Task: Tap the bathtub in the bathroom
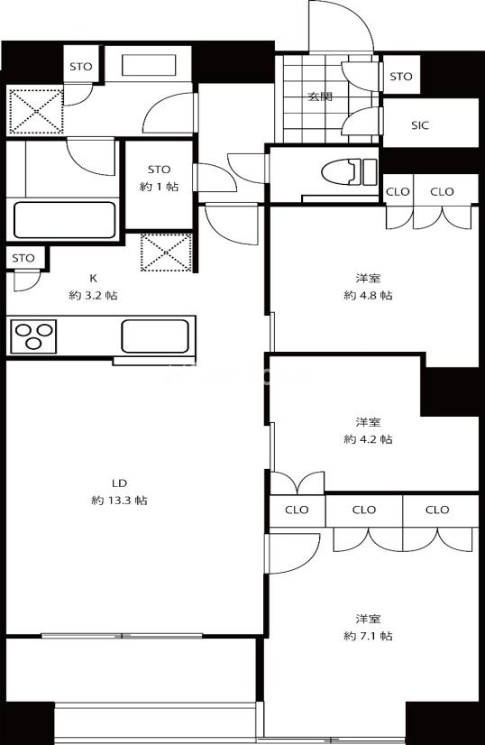click(x=65, y=220)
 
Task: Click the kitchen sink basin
click(x=155, y=336)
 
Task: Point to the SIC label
click(x=420, y=125)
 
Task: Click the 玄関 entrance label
click(x=320, y=97)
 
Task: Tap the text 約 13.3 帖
click(x=119, y=501)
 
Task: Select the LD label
click(x=119, y=483)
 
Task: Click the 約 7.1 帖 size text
click(x=368, y=636)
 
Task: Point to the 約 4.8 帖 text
click(x=368, y=295)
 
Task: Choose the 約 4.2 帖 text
click(x=368, y=439)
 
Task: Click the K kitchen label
click(x=93, y=278)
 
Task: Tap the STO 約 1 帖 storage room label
click(x=160, y=178)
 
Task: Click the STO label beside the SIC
click(x=401, y=76)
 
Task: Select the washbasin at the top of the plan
click(x=149, y=65)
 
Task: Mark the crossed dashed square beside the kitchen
click(x=166, y=253)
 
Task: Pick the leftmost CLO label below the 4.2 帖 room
click(x=297, y=510)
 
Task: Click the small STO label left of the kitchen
click(x=23, y=258)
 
